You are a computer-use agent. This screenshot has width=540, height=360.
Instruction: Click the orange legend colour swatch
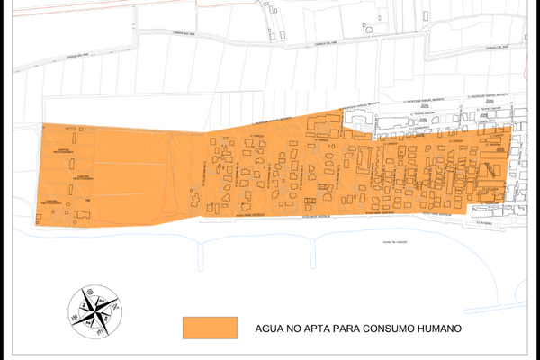(210, 328)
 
